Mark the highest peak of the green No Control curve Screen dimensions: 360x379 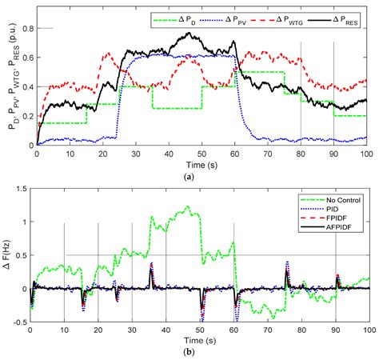pos(188,206)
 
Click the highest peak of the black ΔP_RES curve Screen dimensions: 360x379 pos(189,34)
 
